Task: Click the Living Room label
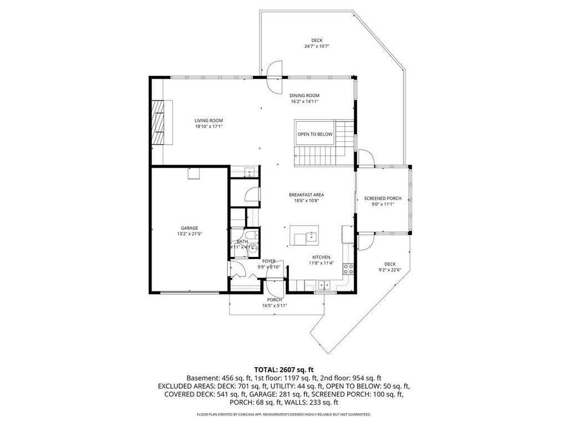[209, 120]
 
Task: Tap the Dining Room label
[305, 95]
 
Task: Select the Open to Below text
[315, 134]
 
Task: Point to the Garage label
[190, 228]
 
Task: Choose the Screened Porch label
[383, 199]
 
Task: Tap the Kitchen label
[321, 257]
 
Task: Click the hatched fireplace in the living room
[158, 123]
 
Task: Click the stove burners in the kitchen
[348, 269]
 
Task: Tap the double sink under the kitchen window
[324, 285]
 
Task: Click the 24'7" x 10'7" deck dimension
[317, 47]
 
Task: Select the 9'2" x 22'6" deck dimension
[390, 270]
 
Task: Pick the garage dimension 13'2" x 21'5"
[190, 234]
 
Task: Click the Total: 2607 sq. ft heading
[284, 370]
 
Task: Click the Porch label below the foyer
[275, 300]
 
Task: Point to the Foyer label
[269, 261]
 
